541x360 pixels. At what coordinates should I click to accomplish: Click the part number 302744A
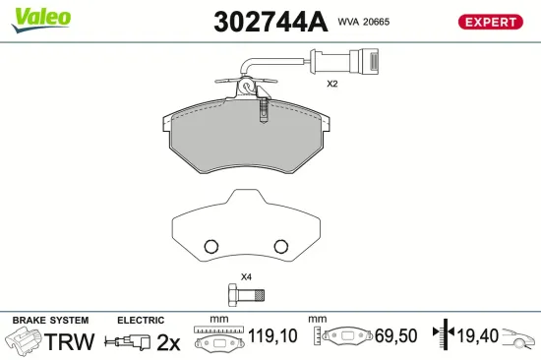coord(262,22)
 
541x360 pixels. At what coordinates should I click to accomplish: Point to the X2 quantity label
coord(332,85)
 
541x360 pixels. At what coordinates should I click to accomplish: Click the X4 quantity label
coord(246,277)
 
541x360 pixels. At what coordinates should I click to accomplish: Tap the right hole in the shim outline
coord(279,246)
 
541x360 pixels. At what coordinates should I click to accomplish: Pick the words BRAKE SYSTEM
coord(49,321)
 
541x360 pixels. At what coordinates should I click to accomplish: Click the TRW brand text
coord(70,342)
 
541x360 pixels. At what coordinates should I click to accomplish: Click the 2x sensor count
coord(168,342)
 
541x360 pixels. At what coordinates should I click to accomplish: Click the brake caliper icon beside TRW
coord(24,341)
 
